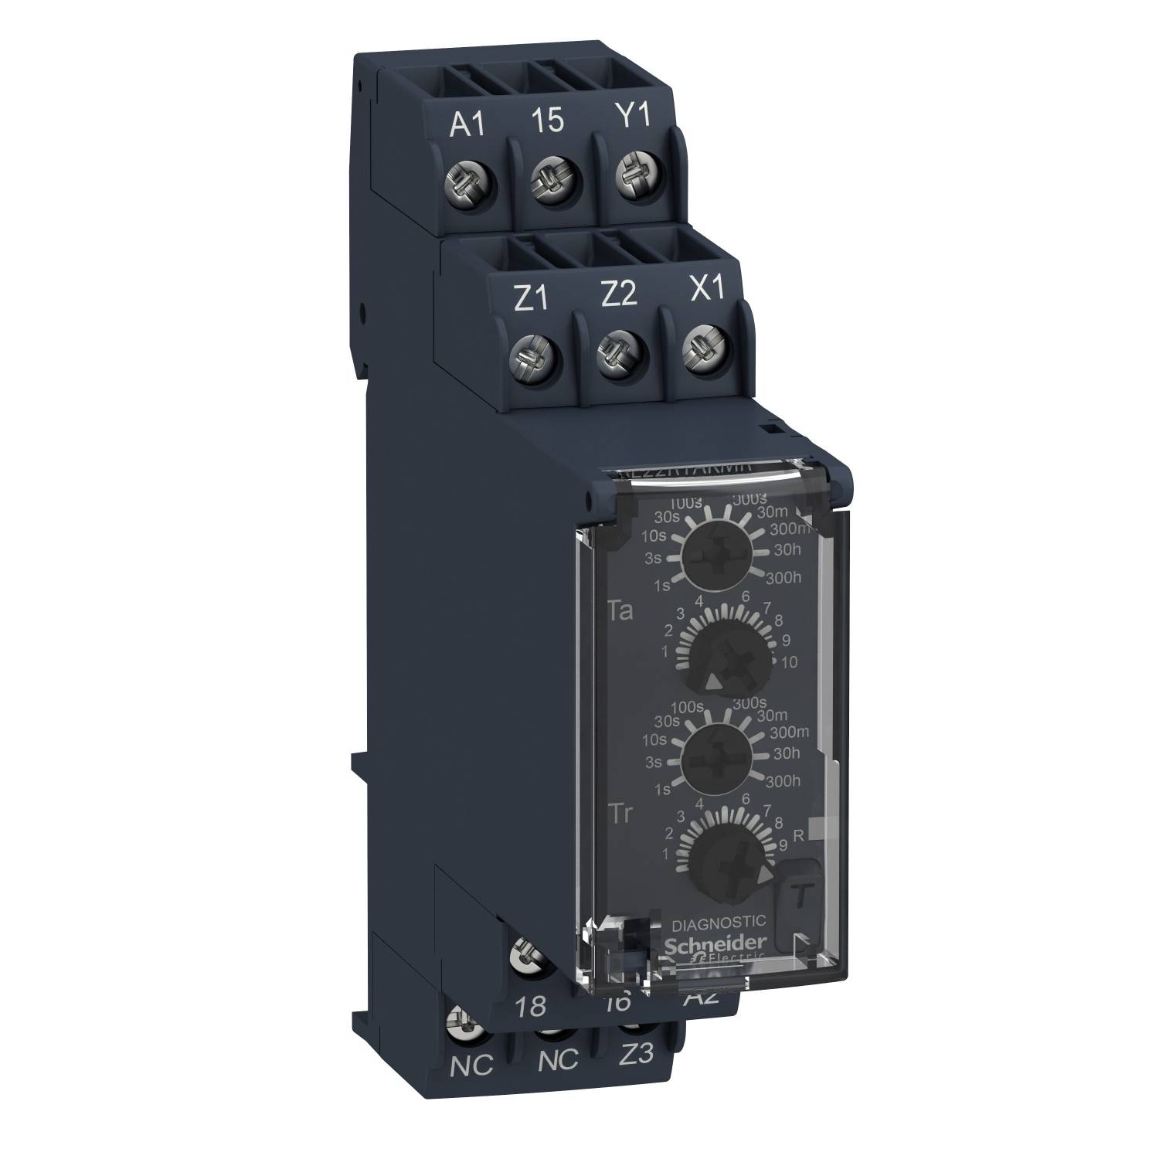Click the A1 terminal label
coord(468,124)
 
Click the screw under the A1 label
coord(469,183)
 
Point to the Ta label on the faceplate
coord(621,612)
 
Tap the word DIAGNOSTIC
coord(719,921)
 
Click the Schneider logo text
coord(716,943)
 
